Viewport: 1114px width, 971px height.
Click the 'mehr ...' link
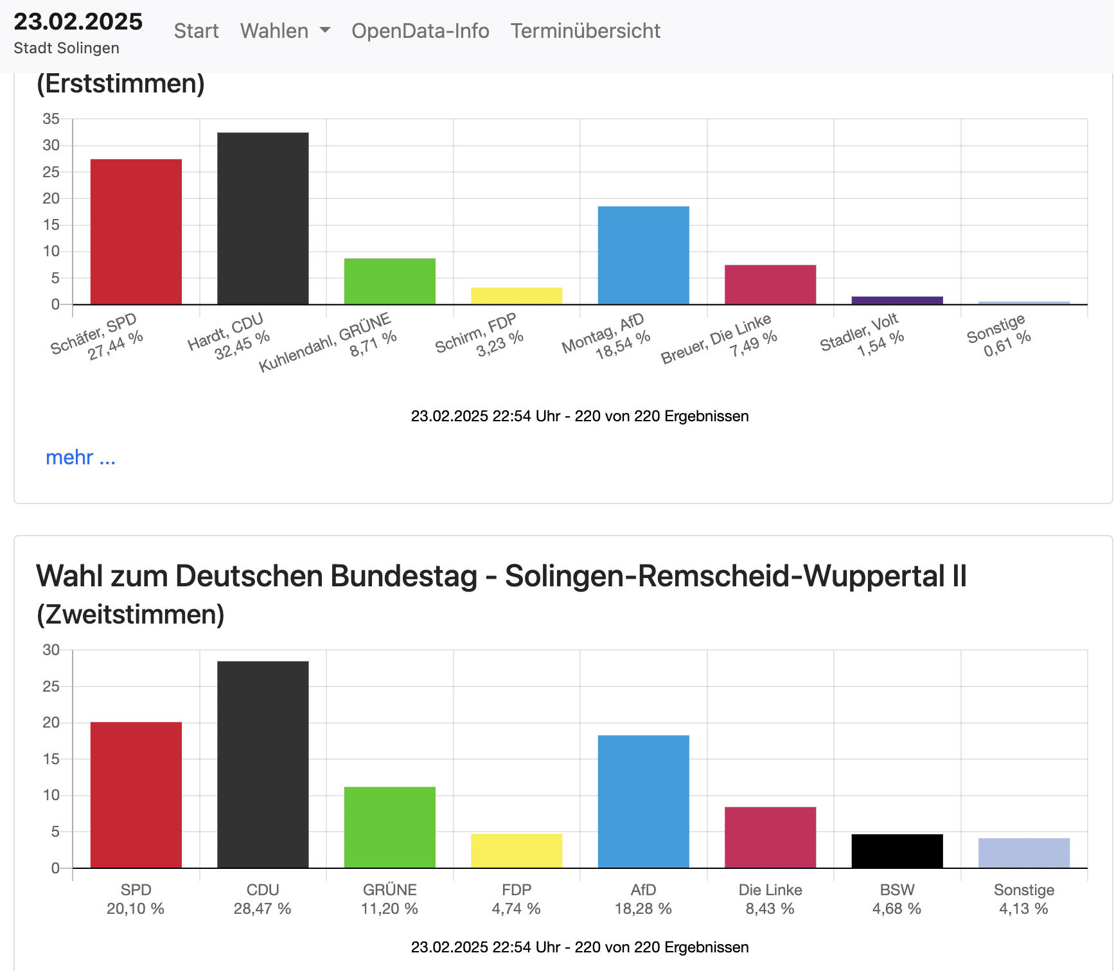coord(80,457)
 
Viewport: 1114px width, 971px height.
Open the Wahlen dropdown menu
coord(285,31)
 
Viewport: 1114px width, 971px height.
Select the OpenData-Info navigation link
coord(420,31)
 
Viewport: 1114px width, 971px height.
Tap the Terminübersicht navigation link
coord(585,31)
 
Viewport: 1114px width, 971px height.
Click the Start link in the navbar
coord(196,31)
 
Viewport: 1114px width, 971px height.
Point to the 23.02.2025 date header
coord(78,22)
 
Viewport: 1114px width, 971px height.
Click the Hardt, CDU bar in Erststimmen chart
coord(263,218)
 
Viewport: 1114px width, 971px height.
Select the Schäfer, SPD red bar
coord(136,232)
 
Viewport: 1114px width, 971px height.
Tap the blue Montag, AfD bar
coord(643,255)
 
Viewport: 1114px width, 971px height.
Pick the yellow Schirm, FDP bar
coord(517,296)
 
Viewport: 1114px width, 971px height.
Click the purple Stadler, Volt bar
coord(897,300)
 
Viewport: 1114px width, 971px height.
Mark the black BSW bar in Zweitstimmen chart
coord(897,851)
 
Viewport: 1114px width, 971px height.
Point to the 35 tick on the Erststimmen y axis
coord(51,119)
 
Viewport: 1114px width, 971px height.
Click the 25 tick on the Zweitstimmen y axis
coord(51,687)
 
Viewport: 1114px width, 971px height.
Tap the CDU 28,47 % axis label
coord(263,899)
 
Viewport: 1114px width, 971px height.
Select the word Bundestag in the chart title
coord(403,576)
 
